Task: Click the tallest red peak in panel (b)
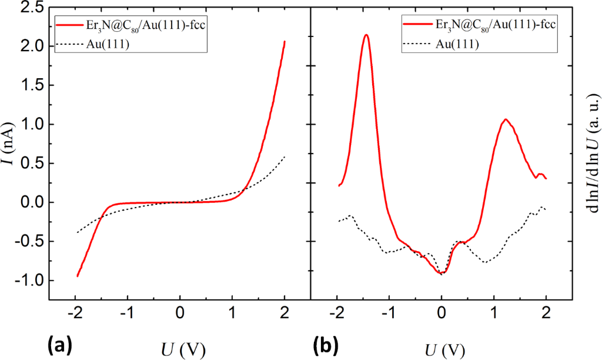[366, 35]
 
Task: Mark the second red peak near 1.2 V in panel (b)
[505, 119]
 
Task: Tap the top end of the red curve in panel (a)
[285, 41]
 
